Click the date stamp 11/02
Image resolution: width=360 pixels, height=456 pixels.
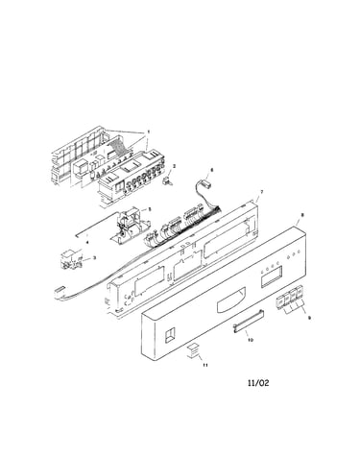pyautogui.click(x=258, y=383)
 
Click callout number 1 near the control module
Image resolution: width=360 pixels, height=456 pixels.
pyautogui.click(x=148, y=132)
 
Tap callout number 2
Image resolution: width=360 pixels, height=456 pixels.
pyautogui.click(x=174, y=166)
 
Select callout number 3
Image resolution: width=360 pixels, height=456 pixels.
pyautogui.click(x=94, y=257)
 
